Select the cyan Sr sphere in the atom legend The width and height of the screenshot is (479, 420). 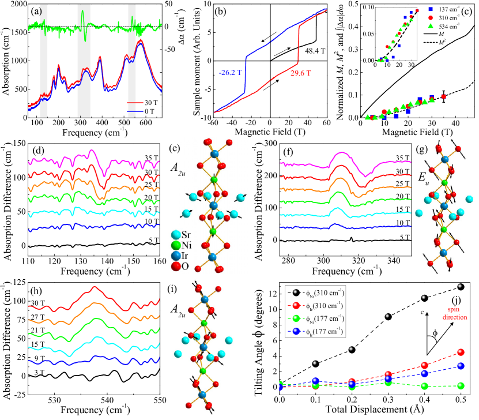[x=176, y=235]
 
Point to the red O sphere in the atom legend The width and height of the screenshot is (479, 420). [x=176, y=266]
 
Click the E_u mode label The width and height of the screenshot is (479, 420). [x=424, y=177]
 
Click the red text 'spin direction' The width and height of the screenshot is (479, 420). [x=454, y=313]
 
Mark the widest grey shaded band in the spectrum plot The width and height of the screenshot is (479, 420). [x=84, y=61]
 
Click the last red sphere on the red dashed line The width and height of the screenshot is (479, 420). [x=460, y=352]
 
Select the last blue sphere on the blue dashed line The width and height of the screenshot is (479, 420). [x=460, y=366]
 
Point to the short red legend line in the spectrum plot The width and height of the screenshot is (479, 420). [x=135, y=103]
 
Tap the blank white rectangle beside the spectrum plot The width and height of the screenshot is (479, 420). [x=172, y=88]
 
